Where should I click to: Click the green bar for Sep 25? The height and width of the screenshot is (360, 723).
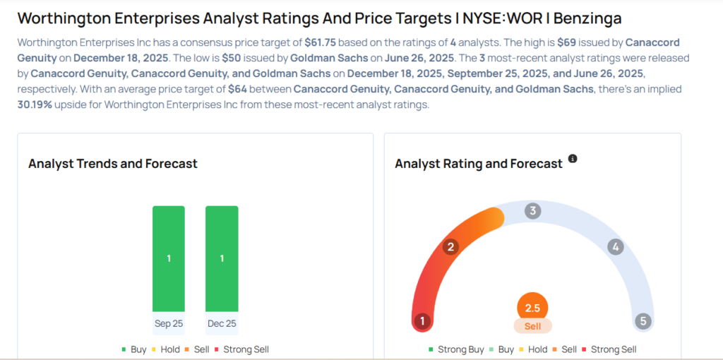click(169, 258)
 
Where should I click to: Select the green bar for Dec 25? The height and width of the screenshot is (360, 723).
click(222, 258)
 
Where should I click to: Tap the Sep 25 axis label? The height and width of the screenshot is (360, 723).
click(169, 323)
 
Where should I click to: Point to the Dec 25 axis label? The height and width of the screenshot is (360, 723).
click(222, 323)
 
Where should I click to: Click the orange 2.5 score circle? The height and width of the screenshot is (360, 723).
click(532, 308)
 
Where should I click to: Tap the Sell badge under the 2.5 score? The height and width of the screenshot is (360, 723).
click(532, 326)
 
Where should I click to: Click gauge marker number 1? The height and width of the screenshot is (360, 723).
click(422, 321)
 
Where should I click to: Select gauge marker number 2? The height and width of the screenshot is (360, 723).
click(450, 247)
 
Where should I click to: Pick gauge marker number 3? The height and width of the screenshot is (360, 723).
click(533, 210)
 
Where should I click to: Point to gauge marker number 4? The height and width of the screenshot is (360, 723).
click(616, 247)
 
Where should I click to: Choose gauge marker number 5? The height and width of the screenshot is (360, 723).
click(643, 321)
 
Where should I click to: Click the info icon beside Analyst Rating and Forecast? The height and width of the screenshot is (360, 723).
click(573, 159)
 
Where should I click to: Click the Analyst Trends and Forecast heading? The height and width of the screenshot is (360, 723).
click(113, 164)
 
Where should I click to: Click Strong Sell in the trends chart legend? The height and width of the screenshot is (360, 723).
click(243, 349)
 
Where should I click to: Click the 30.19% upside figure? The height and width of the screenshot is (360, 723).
click(36, 105)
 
